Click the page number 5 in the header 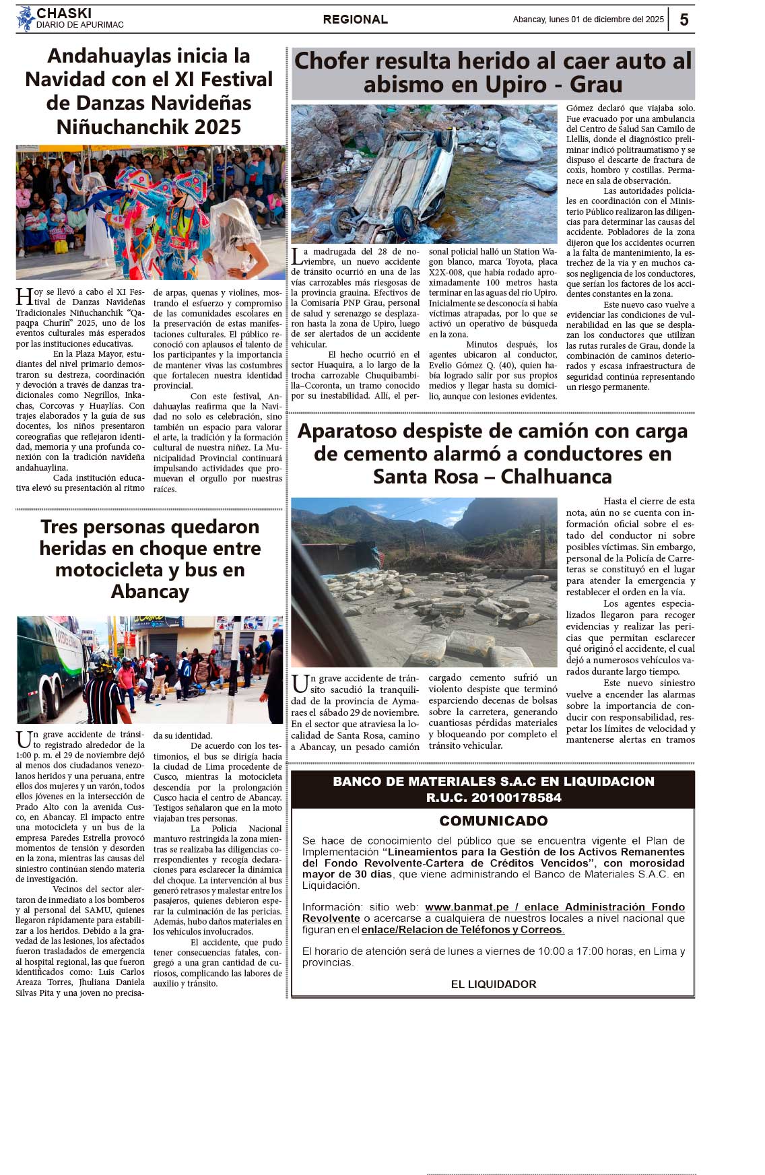[x=684, y=20]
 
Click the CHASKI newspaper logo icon [x=26, y=19]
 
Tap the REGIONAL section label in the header [x=355, y=20]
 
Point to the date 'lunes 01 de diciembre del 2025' [x=607, y=20]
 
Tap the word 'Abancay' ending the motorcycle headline [x=150, y=591]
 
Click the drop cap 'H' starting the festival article [x=24, y=297]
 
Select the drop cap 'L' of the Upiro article [x=296, y=256]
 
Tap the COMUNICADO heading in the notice [x=493, y=821]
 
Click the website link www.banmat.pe [x=466, y=907]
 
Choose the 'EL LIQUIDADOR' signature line [x=493, y=984]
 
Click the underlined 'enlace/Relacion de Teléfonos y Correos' [x=463, y=929]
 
